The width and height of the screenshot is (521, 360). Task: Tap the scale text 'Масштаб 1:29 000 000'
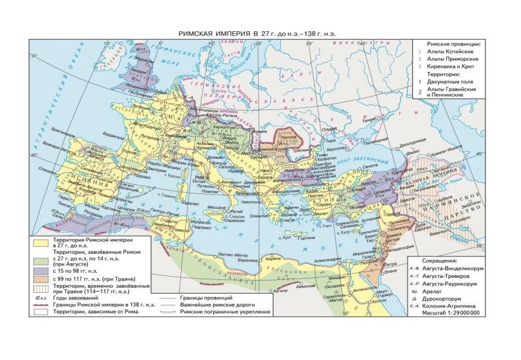click(x=449, y=314)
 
